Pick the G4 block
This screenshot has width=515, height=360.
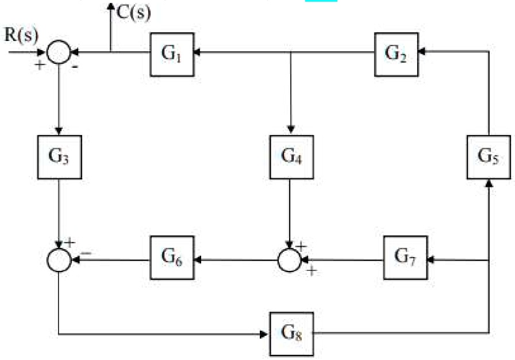click(291, 156)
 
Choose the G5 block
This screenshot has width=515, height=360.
click(489, 156)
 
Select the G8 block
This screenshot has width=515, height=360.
click(291, 333)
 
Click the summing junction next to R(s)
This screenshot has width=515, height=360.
click(59, 53)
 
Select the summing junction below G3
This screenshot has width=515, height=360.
click(59, 260)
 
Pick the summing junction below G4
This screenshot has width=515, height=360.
click(289, 260)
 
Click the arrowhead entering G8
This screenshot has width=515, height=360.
click(267, 333)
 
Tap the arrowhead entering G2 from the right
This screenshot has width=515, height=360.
click(421, 52)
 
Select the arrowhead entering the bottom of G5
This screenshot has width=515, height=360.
click(489, 183)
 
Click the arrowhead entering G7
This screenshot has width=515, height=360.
click(431, 260)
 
